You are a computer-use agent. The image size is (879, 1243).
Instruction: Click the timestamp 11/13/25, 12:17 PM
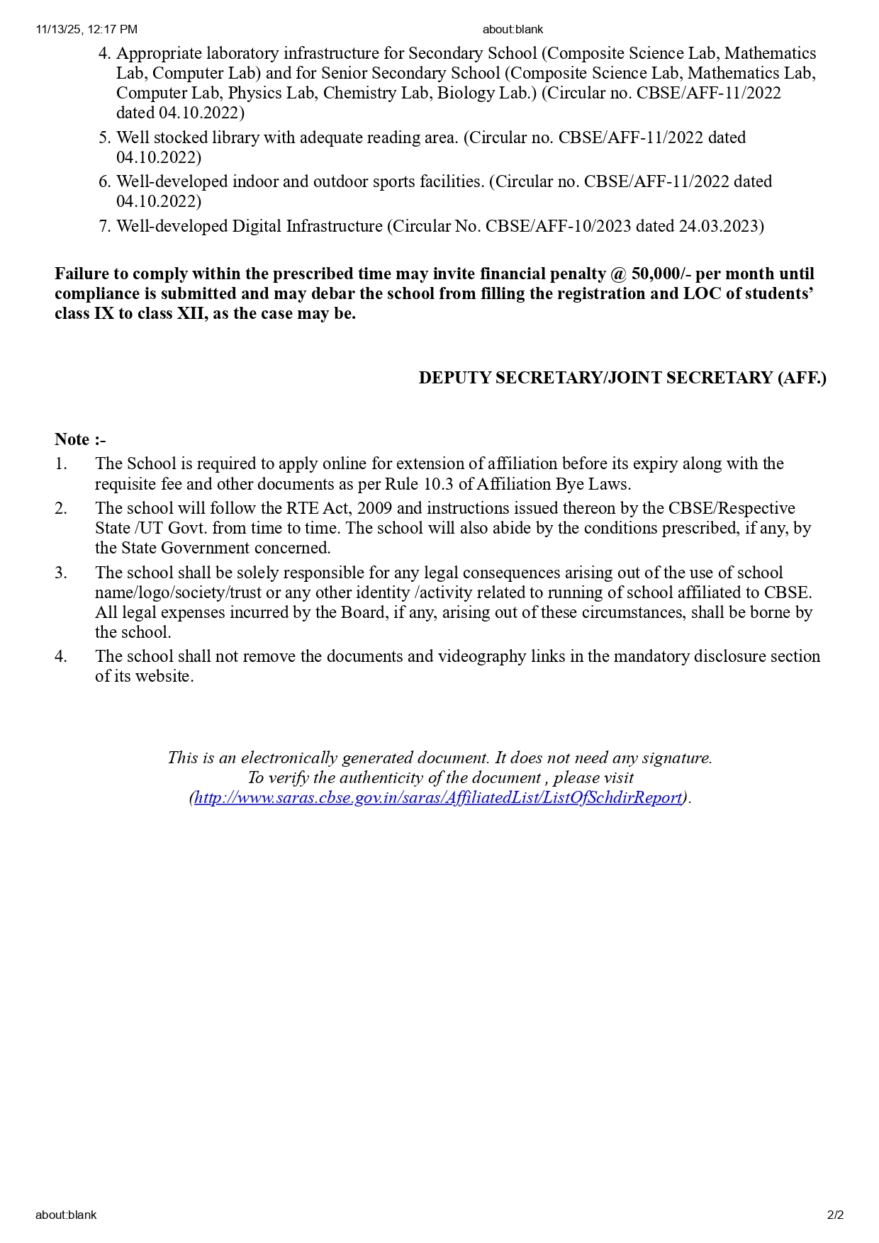point(86,30)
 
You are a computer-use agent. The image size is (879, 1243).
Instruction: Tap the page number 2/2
point(835,1215)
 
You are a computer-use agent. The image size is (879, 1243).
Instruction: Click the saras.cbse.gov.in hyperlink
point(438,797)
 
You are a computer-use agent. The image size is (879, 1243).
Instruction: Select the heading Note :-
point(80,439)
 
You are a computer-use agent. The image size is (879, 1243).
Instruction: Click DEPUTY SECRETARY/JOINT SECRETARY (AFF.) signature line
point(622,378)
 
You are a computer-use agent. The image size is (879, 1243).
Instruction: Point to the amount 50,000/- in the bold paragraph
point(661,274)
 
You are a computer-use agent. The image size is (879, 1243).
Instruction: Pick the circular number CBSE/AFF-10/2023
point(558,226)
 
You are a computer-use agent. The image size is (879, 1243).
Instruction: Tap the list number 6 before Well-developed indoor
point(104,181)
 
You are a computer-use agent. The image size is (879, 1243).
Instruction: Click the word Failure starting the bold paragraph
point(82,274)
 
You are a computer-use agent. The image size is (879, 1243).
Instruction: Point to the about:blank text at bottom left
point(66,1215)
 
